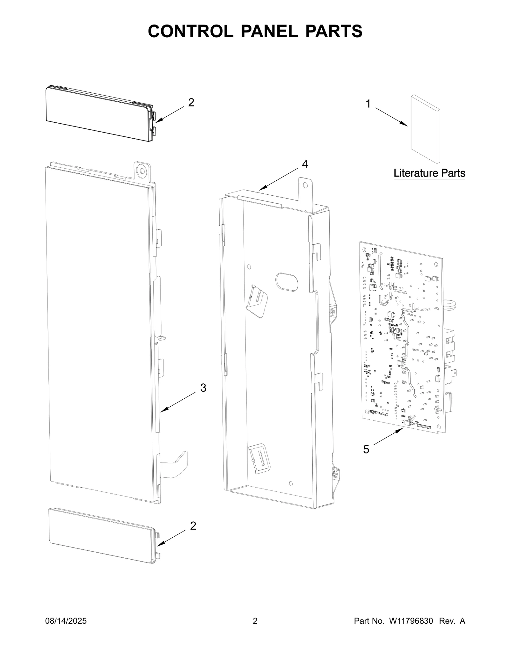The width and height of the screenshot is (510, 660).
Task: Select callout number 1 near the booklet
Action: click(368, 104)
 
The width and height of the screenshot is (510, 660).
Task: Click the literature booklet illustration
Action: click(425, 129)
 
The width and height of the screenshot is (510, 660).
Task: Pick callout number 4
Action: click(305, 164)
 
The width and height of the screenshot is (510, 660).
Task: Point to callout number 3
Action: click(203, 388)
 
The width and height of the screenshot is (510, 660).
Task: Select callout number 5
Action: click(366, 449)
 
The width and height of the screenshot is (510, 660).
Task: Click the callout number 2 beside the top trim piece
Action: click(191, 103)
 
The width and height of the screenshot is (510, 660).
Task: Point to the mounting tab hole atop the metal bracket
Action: click(305, 185)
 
